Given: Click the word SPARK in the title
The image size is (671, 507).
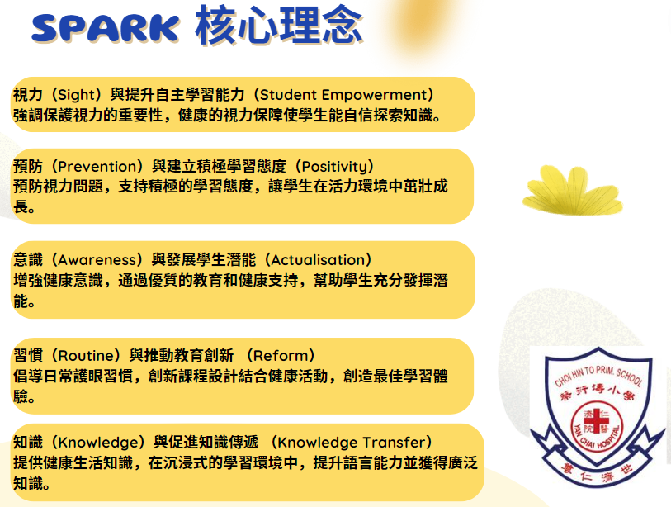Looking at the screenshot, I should (x=104, y=28).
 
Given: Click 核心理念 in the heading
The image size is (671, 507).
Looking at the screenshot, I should (x=278, y=25).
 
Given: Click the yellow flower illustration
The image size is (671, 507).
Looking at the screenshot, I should (x=560, y=188).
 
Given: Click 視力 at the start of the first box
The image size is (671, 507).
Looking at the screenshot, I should (x=26, y=95).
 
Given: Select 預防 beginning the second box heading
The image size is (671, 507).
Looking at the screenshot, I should (x=26, y=166).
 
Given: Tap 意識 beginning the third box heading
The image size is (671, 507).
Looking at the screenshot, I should (x=26, y=260).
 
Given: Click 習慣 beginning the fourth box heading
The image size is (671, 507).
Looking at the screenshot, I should (x=26, y=356).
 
